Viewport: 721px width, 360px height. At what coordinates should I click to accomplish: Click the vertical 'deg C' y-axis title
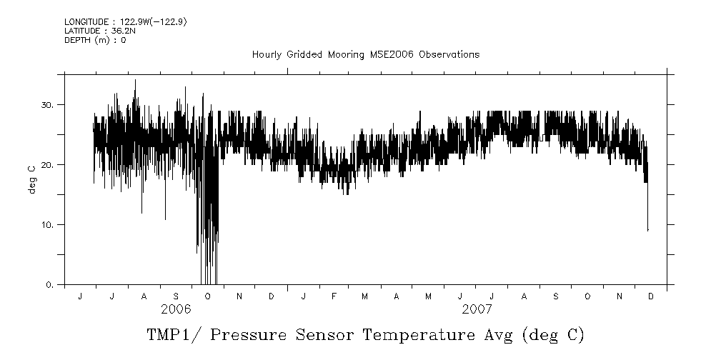pyautogui.click(x=31, y=179)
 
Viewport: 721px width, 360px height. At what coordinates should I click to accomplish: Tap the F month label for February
pyautogui.click(x=334, y=296)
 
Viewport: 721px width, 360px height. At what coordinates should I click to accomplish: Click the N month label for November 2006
pyautogui.click(x=239, y=296)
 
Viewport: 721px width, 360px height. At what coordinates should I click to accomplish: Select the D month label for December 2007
pyautogui.click(x=650, y=296)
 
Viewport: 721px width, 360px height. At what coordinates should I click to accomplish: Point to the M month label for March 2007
pyautogui.click(x=365, y=296)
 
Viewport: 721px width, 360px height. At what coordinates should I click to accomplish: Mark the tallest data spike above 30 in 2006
pyautogui.click(x=135, y=81)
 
